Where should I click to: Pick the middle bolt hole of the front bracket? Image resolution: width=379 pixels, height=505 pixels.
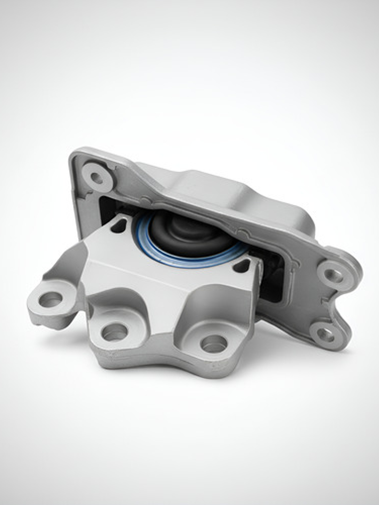pyautogui.click(x=115, y=332)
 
